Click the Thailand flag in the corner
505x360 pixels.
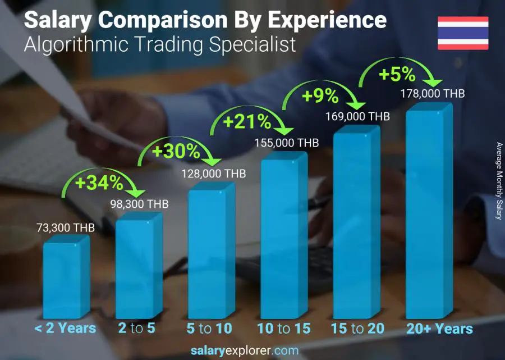click(463, 33)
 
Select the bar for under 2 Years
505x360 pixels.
click(66, 278)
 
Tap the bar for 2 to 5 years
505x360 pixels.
click(138, 267)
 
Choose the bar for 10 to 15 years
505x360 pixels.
click(283, 236)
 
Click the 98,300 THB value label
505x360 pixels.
click(138, 204)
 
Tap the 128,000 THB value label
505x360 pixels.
click(213, 174)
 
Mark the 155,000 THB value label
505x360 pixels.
click(286, 143)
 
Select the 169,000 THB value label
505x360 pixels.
click(357, 117)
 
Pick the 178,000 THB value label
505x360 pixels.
click(432, 94)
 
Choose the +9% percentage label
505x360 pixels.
click(320, 96)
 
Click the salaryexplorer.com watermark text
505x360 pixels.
click(245, 351)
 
